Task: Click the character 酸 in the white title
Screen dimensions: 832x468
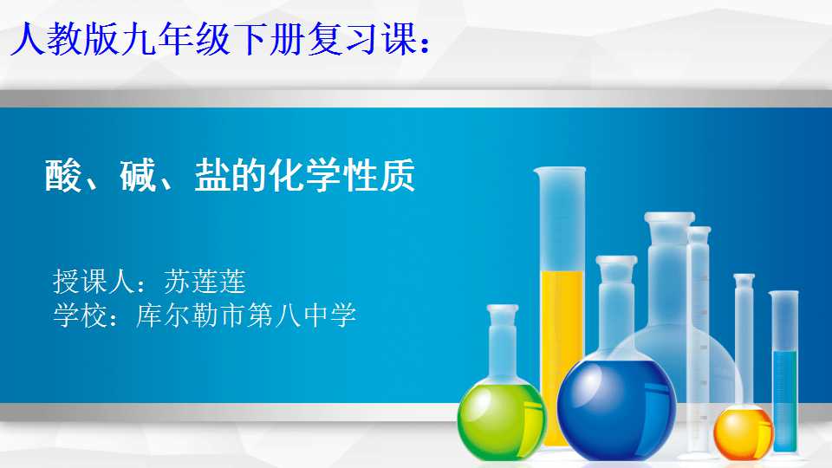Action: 63,176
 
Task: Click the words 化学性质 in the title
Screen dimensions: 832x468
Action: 342,176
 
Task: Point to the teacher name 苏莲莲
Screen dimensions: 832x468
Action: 205,281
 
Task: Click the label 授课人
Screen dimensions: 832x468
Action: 94,281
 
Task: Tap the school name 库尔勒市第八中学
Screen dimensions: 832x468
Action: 246,315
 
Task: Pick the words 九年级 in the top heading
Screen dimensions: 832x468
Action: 176,39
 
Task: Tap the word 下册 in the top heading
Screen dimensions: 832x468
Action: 268,39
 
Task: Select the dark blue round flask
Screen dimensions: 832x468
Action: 616,408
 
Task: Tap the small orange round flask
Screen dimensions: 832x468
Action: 743,431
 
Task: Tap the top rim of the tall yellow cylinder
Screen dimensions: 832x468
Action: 560,171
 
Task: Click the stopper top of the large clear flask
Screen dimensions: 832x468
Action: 670,218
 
